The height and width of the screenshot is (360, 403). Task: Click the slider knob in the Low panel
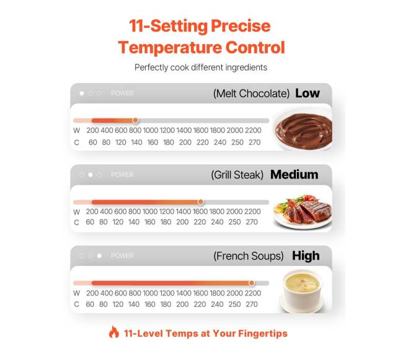pos(135,120)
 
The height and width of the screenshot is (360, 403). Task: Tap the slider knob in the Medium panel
pos(201,202)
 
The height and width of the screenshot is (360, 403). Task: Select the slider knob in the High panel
pos(252,283)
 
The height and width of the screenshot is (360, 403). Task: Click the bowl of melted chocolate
pos(303,130)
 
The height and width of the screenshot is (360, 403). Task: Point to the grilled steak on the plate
pos(308,210)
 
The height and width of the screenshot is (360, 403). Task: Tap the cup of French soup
pos(302,289)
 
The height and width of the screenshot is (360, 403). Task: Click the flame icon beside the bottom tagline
pos(114,332)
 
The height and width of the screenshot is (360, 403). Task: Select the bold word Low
pos(308,93)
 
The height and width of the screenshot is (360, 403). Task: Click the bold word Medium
pos(294,175)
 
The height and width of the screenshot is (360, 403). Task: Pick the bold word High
pos(306,256)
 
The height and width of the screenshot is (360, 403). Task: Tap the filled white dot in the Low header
pos(82,93)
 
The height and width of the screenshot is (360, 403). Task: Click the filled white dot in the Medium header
pos(91,175)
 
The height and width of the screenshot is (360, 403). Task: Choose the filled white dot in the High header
pos(99,256)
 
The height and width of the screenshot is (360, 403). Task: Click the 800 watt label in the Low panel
pos(135,130)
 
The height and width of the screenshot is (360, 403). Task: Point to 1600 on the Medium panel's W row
pos(200,211)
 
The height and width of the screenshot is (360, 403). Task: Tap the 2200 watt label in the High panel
pos(252,293)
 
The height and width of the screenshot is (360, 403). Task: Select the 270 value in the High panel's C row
pos(252,304)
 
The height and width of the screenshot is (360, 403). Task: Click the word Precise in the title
pos(241,26)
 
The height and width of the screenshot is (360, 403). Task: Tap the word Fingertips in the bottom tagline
pos(263,333)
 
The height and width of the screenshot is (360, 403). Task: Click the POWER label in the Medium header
pos(122,175)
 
